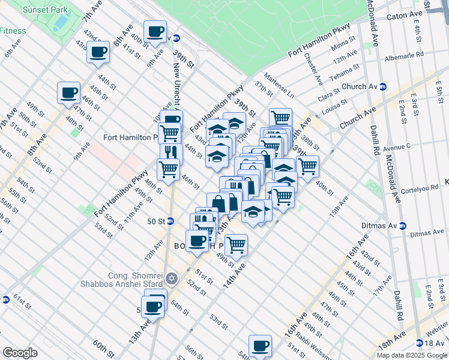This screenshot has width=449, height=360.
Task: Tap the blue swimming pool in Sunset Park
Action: pyautogui.click(x=60, y=23)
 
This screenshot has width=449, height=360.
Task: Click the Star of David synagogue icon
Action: pyautogui.click(x=172, y=278)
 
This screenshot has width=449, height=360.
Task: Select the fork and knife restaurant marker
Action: pyautogui.click(x=170, y=152)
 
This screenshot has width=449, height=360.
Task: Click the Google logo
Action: pyautogui.click(x=20, y=353)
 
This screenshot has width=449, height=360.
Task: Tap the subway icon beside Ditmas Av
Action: pyautogui.click(x=403, y=226)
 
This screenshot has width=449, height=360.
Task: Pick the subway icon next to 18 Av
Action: pyautogui.click(x=420, y=343)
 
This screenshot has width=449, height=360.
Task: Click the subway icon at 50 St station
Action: pyautogui.click(x=170, y=221)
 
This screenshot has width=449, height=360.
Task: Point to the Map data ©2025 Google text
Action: pyautogui.click(x=412, y=355)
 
